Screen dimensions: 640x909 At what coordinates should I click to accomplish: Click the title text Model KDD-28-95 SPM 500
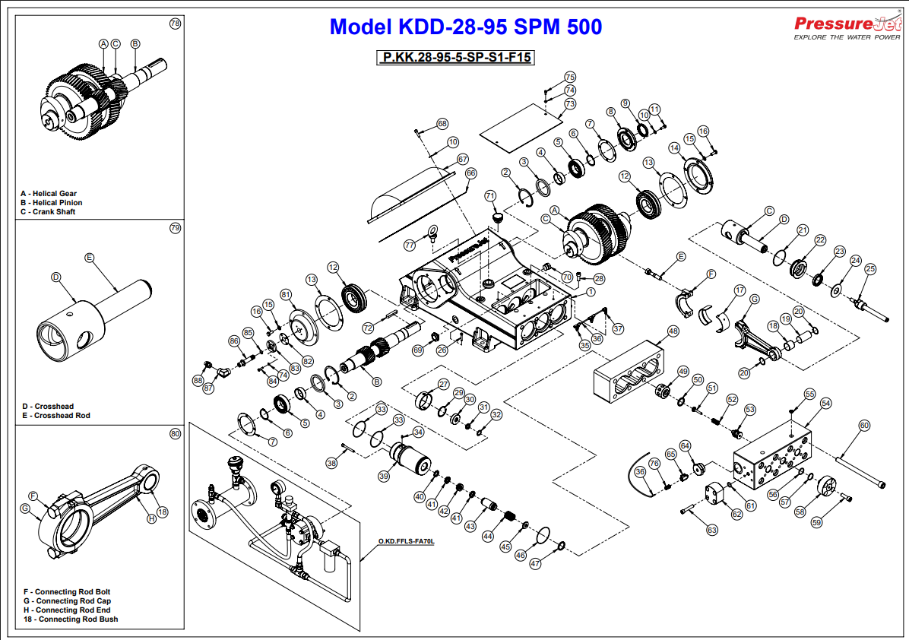pyautogui.click(x=465, y=27)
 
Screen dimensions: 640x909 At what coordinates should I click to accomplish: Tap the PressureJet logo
pyautogui.click(x=846, y=27)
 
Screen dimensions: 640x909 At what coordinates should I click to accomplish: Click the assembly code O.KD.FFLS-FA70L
pyautogui.click(x=406, y=542)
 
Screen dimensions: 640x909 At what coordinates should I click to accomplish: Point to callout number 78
pyautogui.click(x=176, y=24)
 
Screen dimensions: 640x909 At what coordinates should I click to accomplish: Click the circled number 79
pyautogui.click(x=176, y=228)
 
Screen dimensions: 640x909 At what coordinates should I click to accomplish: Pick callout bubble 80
pyautogui.click(x=176, y=433)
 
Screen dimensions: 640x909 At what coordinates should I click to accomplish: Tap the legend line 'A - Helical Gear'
pyautogui.click(x=49, y=194)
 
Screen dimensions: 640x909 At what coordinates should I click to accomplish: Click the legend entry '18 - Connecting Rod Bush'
pyautogui.click(x=71, y=619)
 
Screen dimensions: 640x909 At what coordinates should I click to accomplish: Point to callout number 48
pyautogui.click(x=673, y=331)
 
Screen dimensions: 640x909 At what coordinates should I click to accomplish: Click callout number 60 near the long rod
pyautogui.click(x=863, y=426)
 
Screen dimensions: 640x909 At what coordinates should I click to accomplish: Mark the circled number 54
pyautogui.click(x=825, y=404)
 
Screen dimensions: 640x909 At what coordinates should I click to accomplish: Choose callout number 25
pyautogui.click(x=870, y=268)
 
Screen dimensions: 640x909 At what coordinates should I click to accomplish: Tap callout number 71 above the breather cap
pyautogui.click(x=490, y=196)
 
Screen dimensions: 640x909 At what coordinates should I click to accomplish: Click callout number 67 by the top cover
pyautogui.click(x=462, y=160)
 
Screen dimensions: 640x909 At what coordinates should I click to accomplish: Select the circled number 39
pyautogui.click(x=384, y=477)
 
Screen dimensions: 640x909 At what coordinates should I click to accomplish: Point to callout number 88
pyautogui.click(x=198, y=380)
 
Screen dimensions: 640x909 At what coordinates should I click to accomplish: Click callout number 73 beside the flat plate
pyautogui.click(x=570, y=103)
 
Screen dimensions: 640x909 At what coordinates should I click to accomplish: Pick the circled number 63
pyautogui.click(x=712, y=530)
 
